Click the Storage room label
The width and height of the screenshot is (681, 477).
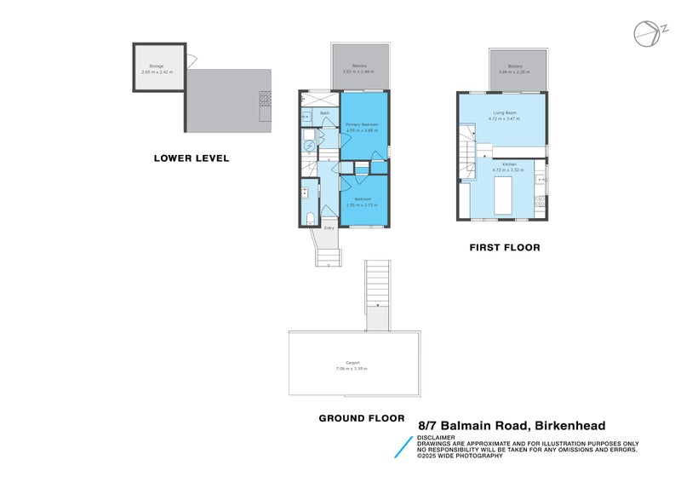[157, 66]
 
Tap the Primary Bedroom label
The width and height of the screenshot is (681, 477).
[362, 125]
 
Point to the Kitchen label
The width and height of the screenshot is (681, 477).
[509, 164]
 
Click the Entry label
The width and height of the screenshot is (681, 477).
[329, 227]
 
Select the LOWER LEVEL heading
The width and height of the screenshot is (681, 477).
[192, 158]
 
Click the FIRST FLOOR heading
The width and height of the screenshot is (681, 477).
[505, 248]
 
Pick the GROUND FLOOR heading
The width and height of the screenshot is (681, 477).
[362, 418]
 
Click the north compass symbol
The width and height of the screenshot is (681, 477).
[647, 32]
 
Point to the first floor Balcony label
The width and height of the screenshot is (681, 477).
[515, 66]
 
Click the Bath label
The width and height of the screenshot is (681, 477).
[324, 113]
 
